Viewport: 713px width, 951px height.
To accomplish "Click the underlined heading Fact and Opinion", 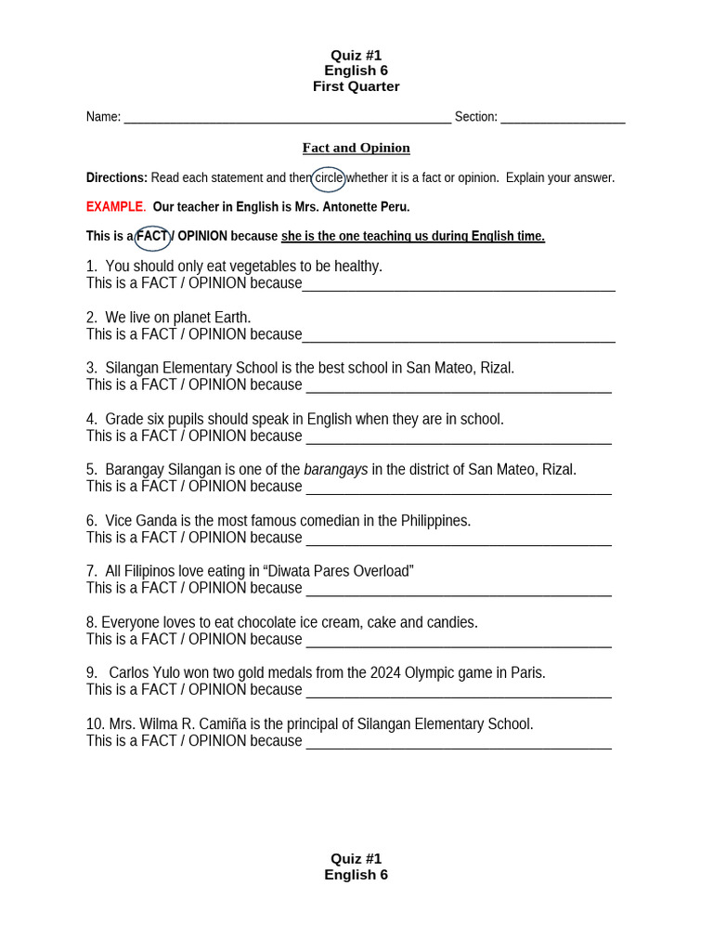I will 356,148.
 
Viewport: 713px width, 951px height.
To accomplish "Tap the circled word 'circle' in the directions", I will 329,177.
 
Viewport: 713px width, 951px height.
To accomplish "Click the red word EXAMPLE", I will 115,207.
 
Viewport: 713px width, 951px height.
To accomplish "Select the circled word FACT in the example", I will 153,237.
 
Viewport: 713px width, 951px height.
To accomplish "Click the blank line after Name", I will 287,118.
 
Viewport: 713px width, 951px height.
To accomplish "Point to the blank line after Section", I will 563,118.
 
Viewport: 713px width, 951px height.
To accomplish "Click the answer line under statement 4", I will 459,438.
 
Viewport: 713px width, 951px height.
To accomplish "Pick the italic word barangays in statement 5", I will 336,470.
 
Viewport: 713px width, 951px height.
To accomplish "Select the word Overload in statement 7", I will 382,571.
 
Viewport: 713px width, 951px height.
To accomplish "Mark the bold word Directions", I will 117,177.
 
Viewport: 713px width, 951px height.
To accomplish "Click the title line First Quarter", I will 356,86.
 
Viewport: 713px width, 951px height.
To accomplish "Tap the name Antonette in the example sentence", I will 355,207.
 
